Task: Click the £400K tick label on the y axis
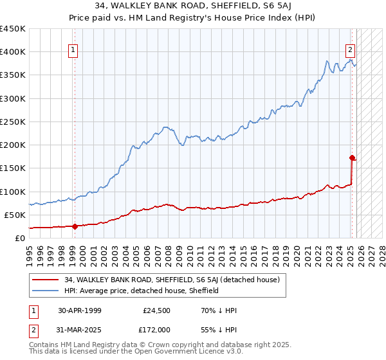pyautogui.click(x=13, y=52)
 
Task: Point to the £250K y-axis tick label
pyautogui.click(x=13, y=122)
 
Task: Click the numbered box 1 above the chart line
pyautogui.click(x=73, y=50)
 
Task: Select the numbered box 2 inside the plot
pyautogui.click(x=351, y=50)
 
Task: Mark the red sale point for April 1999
pyautogui.click(x=75, y=226)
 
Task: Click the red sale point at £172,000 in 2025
pyautogui.click(x=352, y=157)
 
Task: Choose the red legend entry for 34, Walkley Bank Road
pyautogui.click(x=172, y=280)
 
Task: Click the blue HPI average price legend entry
pyautogui.click(x=142, y=291)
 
